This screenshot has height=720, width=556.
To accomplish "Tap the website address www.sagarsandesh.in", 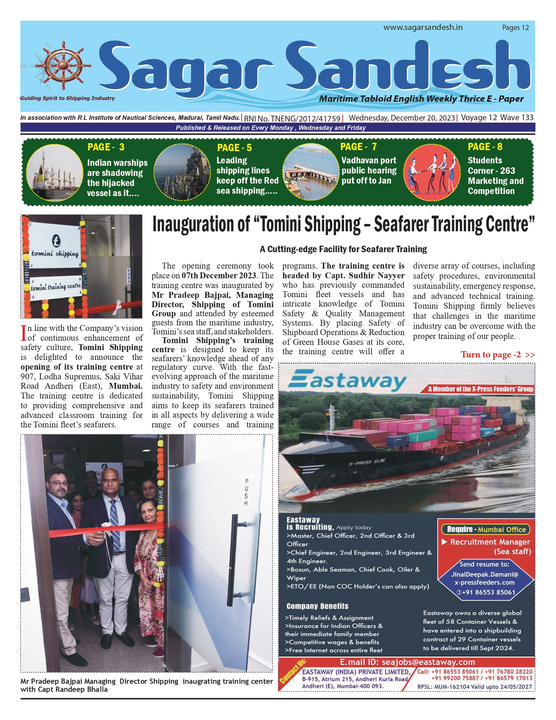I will [x=423, y=28].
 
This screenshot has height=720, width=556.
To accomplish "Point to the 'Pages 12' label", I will [x=515, y=28].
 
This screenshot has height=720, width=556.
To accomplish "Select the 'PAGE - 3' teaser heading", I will [x=106, y=147].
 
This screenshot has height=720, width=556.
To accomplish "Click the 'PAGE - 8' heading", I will [x=485, y=147].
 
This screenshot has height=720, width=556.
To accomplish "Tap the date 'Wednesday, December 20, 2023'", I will [x=402, y=118].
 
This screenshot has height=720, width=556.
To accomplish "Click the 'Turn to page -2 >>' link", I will [x=497, y=355].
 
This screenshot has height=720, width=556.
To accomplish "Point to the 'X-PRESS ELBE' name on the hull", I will [x=367, y=463].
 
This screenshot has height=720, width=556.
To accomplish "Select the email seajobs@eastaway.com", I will [x=407, y=662].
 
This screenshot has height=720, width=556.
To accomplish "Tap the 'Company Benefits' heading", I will [x=317, y=606].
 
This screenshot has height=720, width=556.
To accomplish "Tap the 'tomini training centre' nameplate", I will [x=56, y=287].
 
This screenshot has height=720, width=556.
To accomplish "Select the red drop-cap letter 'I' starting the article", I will [x=24, y=333].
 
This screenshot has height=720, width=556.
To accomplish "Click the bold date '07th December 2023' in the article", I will [x=219, y=276].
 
